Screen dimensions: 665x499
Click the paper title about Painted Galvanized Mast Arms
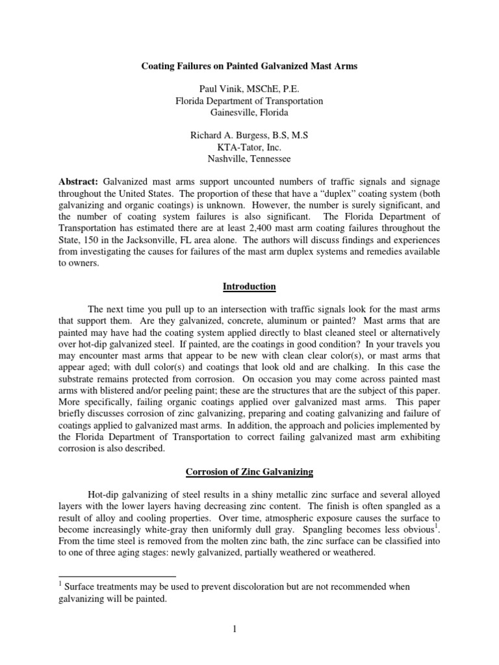(x=249, y=65)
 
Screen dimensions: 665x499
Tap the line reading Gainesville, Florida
(x=249, y=112)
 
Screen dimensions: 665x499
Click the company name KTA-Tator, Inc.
(x=249, y=147)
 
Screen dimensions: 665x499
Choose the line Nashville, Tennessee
(x=249, y=159)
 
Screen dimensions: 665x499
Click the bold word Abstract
(x=77, y=183)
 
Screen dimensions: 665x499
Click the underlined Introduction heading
(x=249, y=286)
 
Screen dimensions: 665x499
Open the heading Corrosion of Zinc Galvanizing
(x=249, y=477)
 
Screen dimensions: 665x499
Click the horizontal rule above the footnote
(x=117, y=576)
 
